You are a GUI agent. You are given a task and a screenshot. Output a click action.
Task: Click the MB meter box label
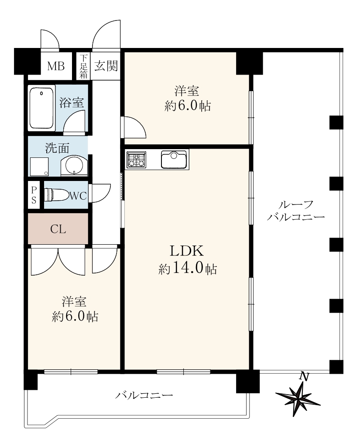56,66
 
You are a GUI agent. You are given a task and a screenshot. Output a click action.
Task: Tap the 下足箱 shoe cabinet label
83,66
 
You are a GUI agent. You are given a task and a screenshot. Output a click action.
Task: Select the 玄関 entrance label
106,66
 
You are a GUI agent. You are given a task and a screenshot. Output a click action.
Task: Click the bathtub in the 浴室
41,108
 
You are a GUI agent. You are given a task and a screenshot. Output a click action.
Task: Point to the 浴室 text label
72,102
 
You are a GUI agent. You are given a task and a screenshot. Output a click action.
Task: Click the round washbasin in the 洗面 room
74,166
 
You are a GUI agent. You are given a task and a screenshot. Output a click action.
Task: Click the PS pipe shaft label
34,195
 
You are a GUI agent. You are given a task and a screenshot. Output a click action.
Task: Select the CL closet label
58,229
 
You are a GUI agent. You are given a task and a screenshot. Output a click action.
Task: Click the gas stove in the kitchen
136,159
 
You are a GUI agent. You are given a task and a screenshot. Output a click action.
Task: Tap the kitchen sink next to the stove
174,159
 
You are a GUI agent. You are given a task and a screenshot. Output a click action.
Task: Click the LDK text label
187,251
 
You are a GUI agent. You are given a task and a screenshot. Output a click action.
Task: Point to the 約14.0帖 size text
187,269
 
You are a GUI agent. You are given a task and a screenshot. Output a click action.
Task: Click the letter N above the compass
305,377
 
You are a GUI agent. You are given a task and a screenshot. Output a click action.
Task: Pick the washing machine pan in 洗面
39,167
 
